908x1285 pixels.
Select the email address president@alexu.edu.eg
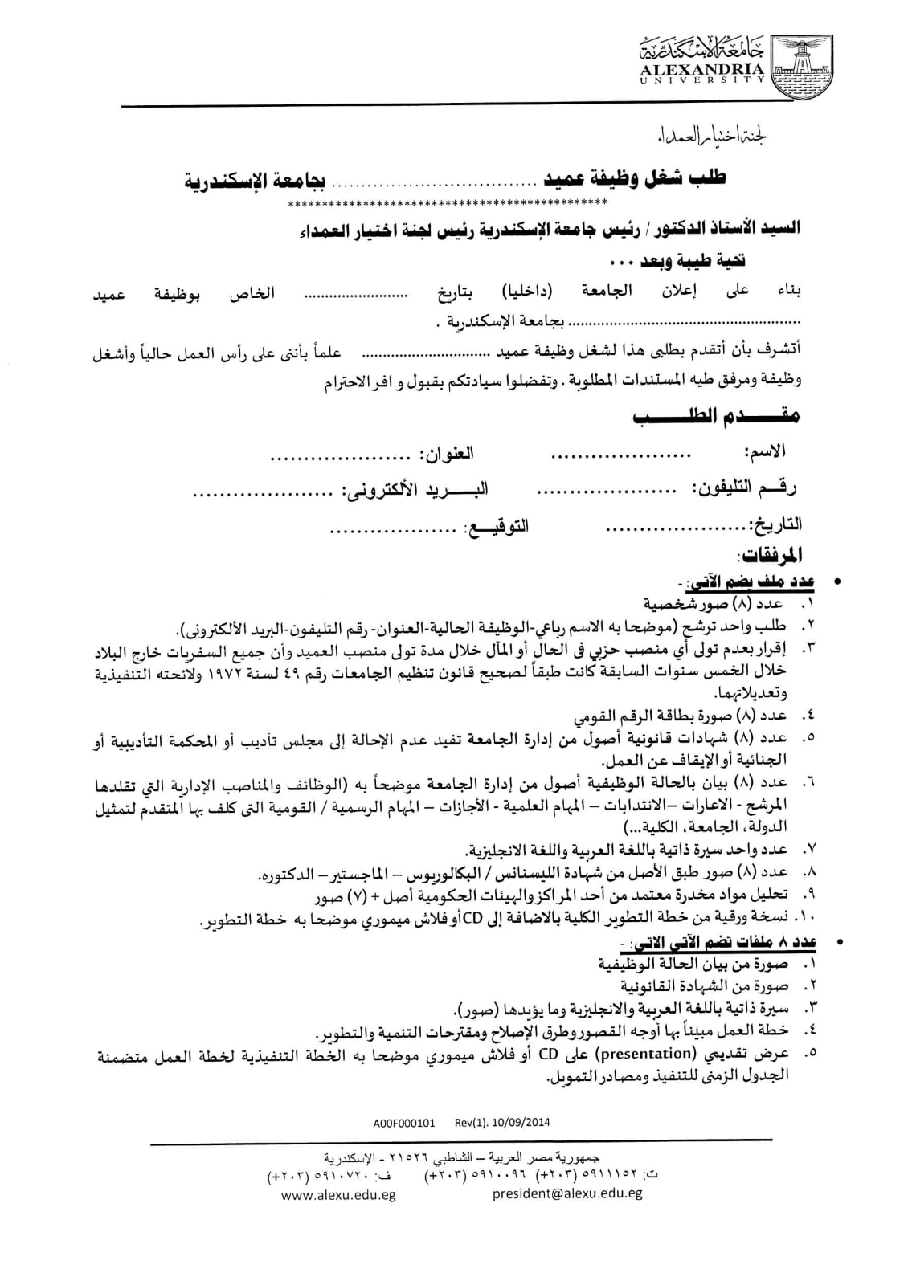(x=567, y=1193)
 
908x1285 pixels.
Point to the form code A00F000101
(x=404, y=1123)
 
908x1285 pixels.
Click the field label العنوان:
(x=446, y=454)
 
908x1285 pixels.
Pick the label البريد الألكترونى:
(x=416, y=489)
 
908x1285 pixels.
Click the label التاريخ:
(x=775, y=524)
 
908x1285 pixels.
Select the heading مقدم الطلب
(x=715, y=417)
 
